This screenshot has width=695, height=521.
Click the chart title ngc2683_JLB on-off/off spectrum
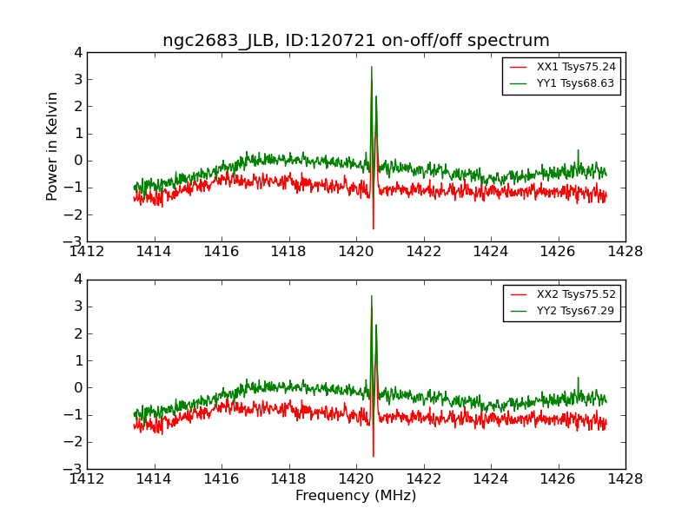(x=356, y=41)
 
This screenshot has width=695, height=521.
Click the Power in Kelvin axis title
(x=53, y=146)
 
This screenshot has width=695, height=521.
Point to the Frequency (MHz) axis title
(x=356, y=496)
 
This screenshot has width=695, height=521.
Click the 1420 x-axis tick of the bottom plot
(x=356, y=478)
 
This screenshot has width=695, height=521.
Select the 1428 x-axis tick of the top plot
(x=625, y=252)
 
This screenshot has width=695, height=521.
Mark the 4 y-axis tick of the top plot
(x=78, y=53)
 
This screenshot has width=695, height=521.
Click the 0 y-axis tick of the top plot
(x=78, y=161)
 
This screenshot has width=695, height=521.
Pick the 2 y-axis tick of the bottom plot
(x=78, y=334)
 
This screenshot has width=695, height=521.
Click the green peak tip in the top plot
(x=372, y=67)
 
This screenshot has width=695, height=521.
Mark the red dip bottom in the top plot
(x=374, y=228)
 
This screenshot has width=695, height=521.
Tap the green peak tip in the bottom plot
(x=372, y=295)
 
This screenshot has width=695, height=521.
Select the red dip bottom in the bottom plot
(x=374, y=456)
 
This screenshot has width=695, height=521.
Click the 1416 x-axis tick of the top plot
(x=222, y=252)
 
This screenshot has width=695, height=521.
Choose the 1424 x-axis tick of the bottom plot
(x=491, y=478)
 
